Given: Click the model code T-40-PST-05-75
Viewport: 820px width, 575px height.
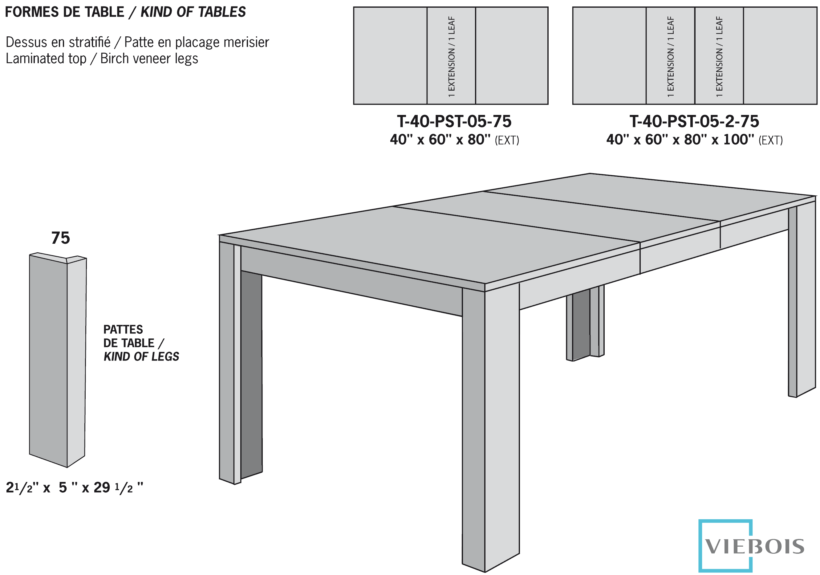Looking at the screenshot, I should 454,121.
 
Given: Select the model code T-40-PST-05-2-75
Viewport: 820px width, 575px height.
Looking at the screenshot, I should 694,121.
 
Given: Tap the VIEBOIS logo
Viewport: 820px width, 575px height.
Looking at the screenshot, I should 753,546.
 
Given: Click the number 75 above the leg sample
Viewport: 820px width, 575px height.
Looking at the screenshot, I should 60,238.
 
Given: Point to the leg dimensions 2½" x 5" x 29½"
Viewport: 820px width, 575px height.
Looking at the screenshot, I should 74,488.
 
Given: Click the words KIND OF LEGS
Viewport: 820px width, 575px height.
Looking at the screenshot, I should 141,357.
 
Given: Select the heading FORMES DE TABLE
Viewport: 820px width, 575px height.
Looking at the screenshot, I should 64,12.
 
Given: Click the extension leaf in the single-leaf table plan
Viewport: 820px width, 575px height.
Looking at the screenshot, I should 451,56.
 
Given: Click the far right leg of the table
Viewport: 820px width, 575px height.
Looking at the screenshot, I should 802,300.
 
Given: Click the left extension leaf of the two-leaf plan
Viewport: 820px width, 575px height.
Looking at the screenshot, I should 670,56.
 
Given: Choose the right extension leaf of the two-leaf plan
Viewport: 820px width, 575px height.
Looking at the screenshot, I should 719,56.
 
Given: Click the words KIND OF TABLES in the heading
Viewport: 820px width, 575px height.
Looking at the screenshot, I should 193,12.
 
